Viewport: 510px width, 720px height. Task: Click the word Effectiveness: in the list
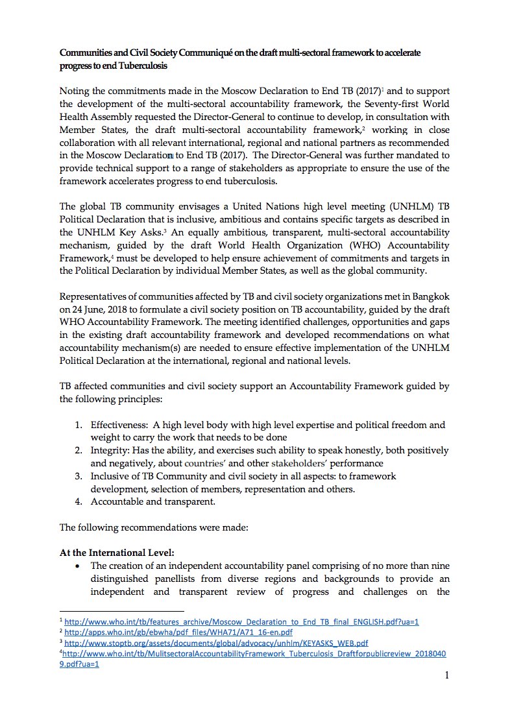tap(119, 426)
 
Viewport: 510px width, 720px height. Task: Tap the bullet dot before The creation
tap(78, 566)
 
